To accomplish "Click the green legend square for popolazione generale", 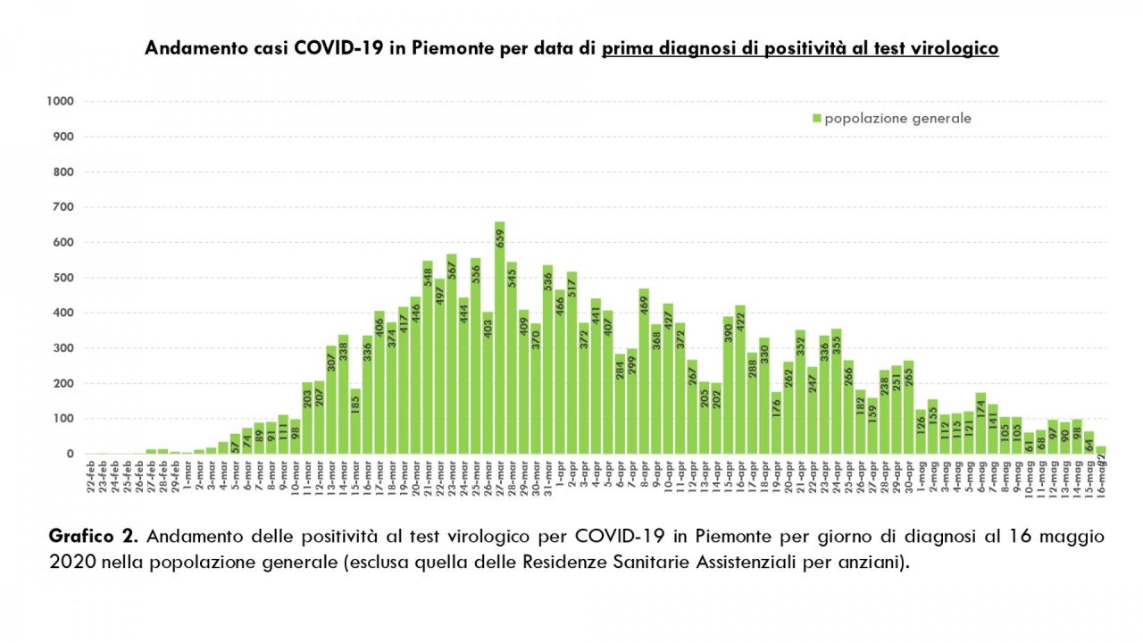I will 816,119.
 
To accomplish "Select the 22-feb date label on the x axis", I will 91,473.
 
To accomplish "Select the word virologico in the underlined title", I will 953,48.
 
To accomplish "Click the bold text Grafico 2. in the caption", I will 94,537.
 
